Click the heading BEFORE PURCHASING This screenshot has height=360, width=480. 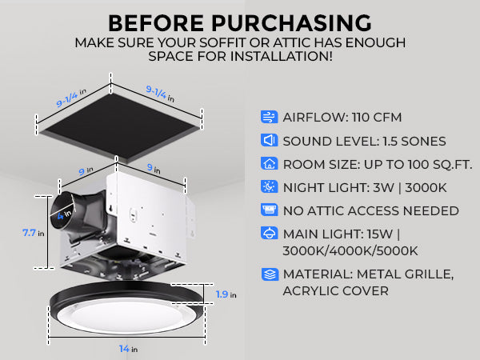(x=240, y=22)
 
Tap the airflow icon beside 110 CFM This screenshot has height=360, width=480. (x=269, y=117)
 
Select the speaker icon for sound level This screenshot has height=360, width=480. (x=269, y=141)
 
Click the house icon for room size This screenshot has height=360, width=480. (x=269, y=164)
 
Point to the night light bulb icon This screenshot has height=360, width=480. (x=269, y=187)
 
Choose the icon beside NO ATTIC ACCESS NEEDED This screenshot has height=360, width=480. (x=269, y=210)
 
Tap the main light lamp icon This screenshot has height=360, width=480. (x=269, y=234)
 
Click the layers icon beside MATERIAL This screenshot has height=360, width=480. (x=269, y=274)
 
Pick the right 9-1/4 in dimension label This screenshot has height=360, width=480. (x=158, y=93)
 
